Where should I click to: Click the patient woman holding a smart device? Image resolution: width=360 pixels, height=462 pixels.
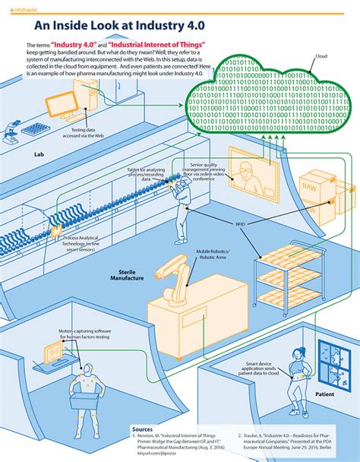click(295, 375)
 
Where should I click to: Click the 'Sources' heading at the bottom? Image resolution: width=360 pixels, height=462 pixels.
click(142, 429)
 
